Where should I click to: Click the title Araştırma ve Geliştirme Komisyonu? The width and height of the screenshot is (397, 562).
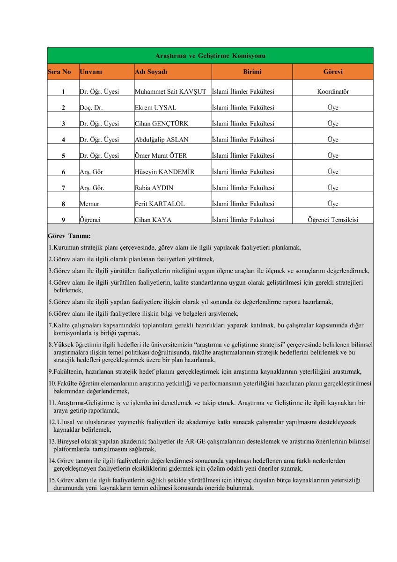210,56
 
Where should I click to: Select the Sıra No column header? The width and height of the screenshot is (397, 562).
59,72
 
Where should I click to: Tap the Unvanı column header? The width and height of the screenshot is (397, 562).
91,72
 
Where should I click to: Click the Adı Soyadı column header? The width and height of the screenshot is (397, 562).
151,72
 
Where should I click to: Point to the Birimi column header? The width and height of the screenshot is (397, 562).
252,72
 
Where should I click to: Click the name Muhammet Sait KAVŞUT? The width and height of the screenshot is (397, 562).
170,92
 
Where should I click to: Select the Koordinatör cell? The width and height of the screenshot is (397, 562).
333,92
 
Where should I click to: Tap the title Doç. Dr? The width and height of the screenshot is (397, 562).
91,108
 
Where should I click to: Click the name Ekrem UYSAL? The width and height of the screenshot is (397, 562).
155,108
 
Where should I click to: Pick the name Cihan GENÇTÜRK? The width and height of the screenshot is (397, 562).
162,124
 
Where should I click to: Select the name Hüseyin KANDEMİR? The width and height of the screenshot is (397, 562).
164,172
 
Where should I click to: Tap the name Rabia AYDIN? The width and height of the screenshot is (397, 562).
154,188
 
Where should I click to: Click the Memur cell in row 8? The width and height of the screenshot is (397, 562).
89,204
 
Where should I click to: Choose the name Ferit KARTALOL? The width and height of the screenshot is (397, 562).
160,204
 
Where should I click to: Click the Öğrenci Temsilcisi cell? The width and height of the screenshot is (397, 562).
333,220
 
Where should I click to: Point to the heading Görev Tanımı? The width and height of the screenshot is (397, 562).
69,236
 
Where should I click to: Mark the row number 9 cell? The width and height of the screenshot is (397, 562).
63,220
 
